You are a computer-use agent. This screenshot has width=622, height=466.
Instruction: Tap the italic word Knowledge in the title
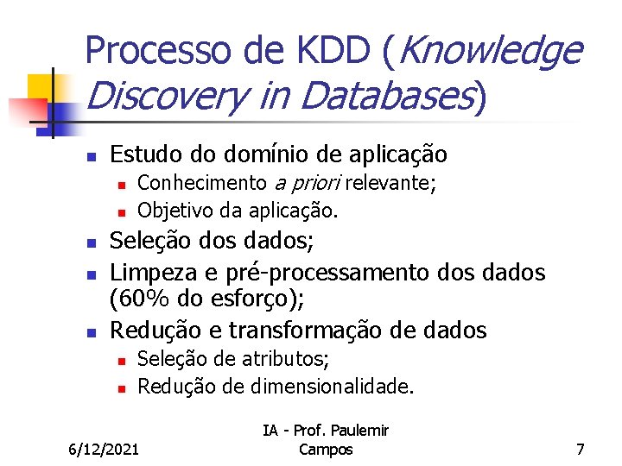492,52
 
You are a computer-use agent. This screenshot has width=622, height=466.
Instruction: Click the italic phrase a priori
308,183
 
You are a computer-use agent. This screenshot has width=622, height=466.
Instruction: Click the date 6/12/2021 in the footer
104,449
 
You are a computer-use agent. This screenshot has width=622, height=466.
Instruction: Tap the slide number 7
581,449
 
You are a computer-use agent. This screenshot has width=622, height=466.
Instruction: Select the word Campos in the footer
325,449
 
